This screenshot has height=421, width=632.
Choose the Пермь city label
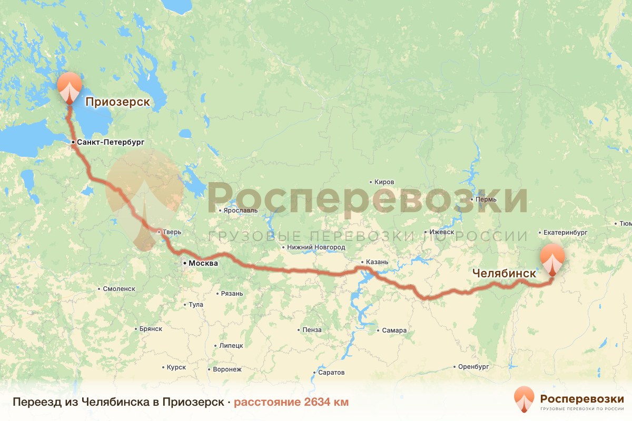[486, 200]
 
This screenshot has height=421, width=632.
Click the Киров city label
[384, 182]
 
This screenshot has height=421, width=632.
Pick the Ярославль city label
[240, 210]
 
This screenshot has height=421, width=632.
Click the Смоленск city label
[120, 289]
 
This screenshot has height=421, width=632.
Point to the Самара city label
[394, 331]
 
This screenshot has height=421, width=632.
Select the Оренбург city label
[473, 366]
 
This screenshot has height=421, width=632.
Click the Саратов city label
[331, 373]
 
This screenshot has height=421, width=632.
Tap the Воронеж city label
[227, 369]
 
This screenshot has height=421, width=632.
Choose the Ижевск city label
[441, 232]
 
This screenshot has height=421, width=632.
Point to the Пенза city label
[312, 330]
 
